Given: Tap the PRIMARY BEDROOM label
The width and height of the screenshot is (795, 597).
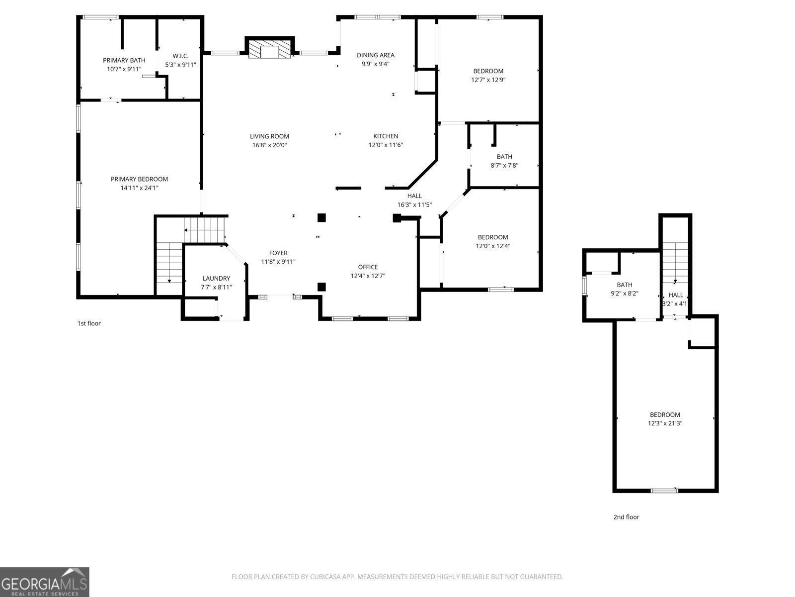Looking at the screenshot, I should click(x=139, y=179).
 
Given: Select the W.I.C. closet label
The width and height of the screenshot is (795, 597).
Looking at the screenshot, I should click(x=180, y=56).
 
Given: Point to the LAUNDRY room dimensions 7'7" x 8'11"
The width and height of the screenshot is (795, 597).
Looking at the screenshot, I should click(x=216, y=287).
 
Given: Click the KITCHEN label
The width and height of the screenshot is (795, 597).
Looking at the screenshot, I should click(x=386, y=136).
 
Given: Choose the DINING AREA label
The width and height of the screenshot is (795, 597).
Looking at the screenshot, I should click(x=376, y=55).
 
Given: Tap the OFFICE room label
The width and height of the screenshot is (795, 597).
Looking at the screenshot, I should click(x=368, y=267).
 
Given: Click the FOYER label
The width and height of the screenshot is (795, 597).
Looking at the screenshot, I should click(x=278, y=253).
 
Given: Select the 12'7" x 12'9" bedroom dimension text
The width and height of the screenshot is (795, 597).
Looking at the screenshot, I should click(x=488, y=80).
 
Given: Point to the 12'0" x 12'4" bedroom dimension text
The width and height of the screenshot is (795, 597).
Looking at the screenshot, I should click(x=493, y=246).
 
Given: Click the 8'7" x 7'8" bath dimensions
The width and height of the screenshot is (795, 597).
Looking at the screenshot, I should click(x=504, y=166).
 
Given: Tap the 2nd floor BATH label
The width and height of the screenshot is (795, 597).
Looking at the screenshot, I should click(x=624, y=285).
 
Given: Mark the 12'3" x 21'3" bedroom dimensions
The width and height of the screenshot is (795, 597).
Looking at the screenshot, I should click(x=665, y=423).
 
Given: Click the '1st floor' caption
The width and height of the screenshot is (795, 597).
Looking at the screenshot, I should click(x=89, y=323).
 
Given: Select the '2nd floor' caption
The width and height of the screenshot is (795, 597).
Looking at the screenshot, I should click(x=626, y=517).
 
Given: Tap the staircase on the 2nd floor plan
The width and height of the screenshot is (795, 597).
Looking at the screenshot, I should click(x=675, y=264).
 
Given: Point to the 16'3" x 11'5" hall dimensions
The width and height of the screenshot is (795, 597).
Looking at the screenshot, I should click(x=414, y=204).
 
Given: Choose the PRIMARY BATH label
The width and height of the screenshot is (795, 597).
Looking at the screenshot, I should click(x=124, y=61).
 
